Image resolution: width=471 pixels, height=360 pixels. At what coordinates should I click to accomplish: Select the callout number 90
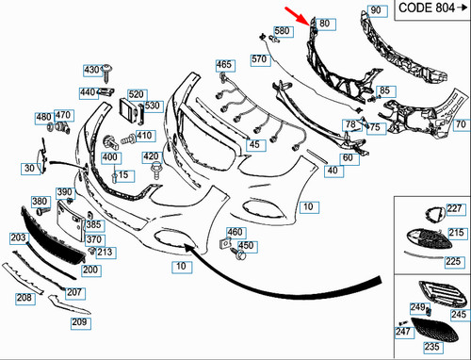[x=375, y=10]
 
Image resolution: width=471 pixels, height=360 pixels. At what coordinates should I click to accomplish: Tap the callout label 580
[x=283, y=30]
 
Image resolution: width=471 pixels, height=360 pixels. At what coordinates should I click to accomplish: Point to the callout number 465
[x=223, y=65]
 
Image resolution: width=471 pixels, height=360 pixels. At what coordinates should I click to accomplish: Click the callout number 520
[x=137, y=94]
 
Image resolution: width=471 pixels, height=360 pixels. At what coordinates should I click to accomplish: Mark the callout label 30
[x=29, y=169]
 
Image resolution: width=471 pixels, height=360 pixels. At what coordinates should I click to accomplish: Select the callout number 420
[x=151, y=155]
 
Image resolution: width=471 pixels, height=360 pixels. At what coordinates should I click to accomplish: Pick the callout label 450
[x=247, y=246]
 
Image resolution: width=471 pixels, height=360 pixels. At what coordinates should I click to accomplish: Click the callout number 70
[x=460, y=123]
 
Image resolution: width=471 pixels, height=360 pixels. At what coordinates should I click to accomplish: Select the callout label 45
[x=254, y=144]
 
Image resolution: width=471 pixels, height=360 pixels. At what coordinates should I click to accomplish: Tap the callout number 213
[x=105, y=252]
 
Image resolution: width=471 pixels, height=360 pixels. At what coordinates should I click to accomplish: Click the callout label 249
[x=417, y=308]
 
